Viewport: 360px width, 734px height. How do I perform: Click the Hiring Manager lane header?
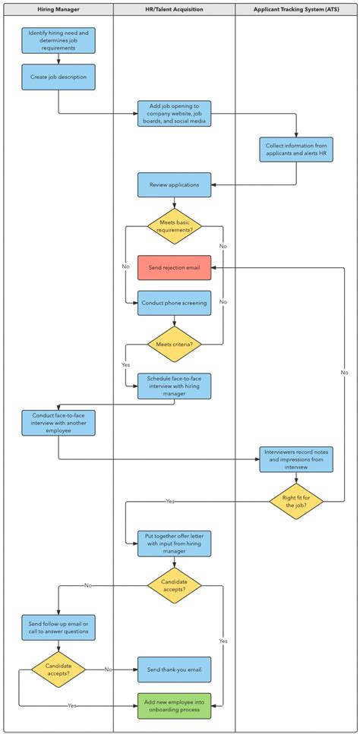[58, 10]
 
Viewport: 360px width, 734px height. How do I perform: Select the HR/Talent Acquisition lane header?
[174, 10]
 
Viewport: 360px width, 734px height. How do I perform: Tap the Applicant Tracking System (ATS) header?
[295, 10]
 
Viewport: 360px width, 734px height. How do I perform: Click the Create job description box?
[58, 77]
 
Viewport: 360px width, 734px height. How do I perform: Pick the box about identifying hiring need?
[58, 40]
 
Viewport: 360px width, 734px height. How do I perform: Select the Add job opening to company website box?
[174, 113]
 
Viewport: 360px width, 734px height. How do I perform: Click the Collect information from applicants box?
[295, 150]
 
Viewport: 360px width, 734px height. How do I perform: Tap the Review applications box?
[174, 184]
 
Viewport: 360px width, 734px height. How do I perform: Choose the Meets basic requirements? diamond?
[174, 225]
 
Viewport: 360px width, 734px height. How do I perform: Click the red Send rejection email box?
[174, 267]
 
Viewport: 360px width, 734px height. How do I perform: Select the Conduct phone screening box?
[174, 303]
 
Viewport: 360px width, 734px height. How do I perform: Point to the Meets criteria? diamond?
[174, 344]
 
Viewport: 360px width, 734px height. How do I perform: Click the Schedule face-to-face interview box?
[174, 385]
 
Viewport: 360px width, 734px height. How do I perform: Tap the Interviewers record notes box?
[295, 459]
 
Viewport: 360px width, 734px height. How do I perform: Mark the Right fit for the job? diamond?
[295, 501]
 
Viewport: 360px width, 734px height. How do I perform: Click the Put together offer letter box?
[174, 543]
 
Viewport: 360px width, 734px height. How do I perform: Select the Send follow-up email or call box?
[58, 628]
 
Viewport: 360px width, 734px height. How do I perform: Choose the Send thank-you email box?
[174, 669]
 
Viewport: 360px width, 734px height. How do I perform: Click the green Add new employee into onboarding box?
[174, 705]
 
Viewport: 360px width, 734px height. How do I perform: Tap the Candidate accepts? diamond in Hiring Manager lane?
[58, 669]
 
